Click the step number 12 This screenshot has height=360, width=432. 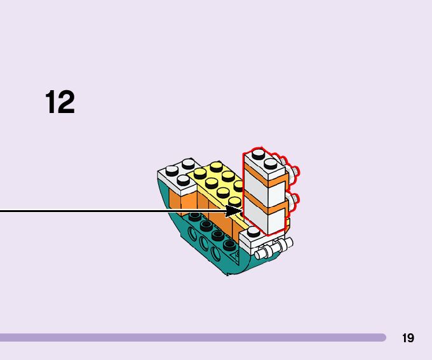(x=60, y=102)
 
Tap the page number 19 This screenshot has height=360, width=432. (x=408, y=338)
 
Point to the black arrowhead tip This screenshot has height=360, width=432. (x=241, y=210)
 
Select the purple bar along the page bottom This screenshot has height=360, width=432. (x=191, y=338)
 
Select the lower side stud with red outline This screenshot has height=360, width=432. (x=296, y=202)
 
